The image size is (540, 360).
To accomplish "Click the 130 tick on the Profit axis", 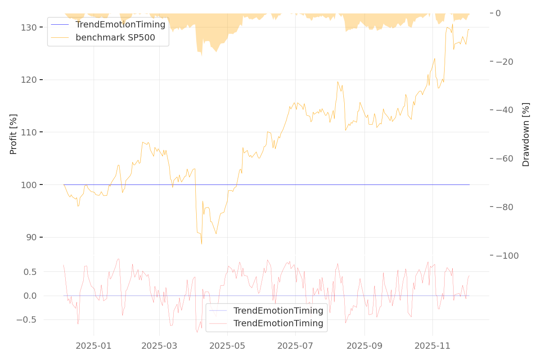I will [30, 27].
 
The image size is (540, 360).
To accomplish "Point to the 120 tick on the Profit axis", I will [30, 80].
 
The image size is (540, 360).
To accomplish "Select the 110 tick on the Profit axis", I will [30, 132].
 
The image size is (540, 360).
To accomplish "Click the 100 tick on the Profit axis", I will [30, 185].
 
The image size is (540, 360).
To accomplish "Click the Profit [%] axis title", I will [13, 134].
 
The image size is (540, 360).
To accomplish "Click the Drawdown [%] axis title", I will [526, 135].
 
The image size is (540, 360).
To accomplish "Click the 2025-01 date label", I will [94, 346].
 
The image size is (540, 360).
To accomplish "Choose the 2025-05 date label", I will [227, 346].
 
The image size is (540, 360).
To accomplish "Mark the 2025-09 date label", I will [364, 346].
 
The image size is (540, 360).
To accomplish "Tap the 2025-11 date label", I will [432, 346].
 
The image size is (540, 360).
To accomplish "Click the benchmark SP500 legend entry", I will [115, 37].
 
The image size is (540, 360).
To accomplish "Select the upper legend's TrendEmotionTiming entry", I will [120, 24].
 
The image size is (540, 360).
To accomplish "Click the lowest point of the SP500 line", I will [202, 244].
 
